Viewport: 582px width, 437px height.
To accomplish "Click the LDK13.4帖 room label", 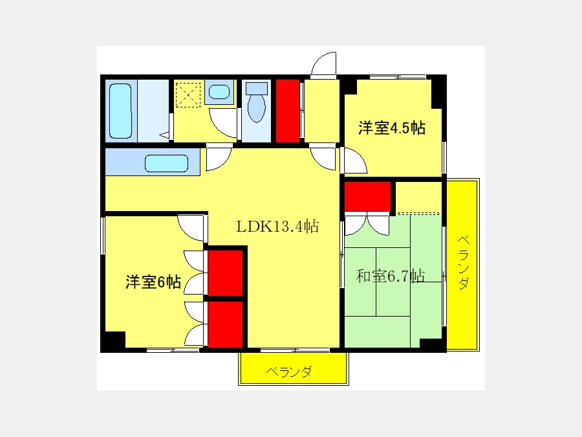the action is pos(277,226).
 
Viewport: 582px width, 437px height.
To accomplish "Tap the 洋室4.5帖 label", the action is pos(392,128).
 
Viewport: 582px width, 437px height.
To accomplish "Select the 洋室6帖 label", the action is pos(153,282).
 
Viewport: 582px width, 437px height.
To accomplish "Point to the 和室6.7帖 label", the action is pos(390,276).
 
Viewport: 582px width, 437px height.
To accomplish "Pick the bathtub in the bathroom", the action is pos(121,111).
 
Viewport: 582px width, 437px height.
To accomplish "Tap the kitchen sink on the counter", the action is pos(166,163).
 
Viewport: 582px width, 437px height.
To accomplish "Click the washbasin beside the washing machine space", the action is pos(219,92).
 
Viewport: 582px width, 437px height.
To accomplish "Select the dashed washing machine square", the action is pos(188,95).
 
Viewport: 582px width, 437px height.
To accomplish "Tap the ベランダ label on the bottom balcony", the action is pos(289,371).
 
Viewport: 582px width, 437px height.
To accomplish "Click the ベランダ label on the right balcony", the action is pos(463,262).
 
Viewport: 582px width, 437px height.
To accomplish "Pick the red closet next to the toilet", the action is pos(288,111).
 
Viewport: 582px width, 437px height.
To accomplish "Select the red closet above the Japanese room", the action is pos(367,196).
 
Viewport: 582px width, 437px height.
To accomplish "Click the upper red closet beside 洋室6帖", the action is pos(225,273).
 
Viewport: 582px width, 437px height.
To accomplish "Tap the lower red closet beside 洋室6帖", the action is pos(225,324).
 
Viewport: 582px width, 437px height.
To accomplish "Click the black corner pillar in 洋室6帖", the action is pos(113,341).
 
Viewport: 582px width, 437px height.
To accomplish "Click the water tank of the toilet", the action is pos(257,89).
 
